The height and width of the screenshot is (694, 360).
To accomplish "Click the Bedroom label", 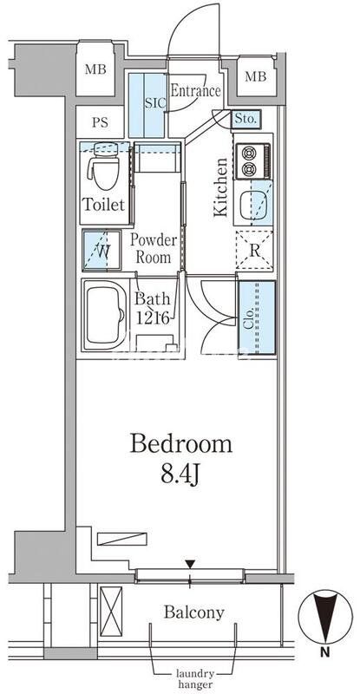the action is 180,444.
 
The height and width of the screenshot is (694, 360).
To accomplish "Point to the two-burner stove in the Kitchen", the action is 252,161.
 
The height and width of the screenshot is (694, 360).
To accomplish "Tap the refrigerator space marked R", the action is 254,251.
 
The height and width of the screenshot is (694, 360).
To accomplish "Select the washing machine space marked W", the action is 101,250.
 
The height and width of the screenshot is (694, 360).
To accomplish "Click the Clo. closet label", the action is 248,318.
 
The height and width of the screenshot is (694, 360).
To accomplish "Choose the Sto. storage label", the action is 246,119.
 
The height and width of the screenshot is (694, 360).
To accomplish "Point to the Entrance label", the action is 195,91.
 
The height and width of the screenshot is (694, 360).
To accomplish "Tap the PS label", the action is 101,122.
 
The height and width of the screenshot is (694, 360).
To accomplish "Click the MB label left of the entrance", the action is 95,69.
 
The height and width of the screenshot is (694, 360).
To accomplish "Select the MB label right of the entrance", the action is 256,76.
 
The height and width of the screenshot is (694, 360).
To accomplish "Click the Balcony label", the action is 194,612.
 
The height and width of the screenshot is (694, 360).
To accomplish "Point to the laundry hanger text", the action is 195,679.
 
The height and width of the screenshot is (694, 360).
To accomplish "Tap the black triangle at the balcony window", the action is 190,564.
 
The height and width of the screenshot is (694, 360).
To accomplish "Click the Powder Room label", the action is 154,249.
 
